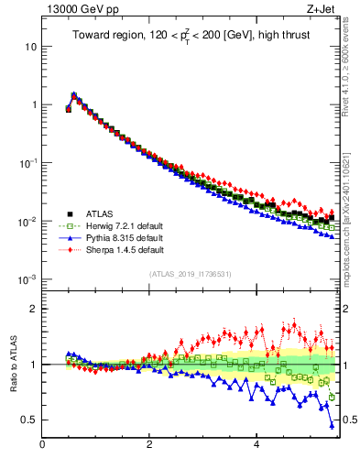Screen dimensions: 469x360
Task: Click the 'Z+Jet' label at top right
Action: (322, 10)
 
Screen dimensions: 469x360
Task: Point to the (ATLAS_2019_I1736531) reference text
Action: (191, 274)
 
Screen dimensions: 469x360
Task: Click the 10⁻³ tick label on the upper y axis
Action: (27, 279)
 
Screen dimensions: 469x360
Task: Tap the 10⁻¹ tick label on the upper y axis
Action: (27, 163)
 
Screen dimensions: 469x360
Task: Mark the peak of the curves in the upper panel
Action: (74, 93)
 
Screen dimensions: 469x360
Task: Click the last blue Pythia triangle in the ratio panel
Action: (332, 425)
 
